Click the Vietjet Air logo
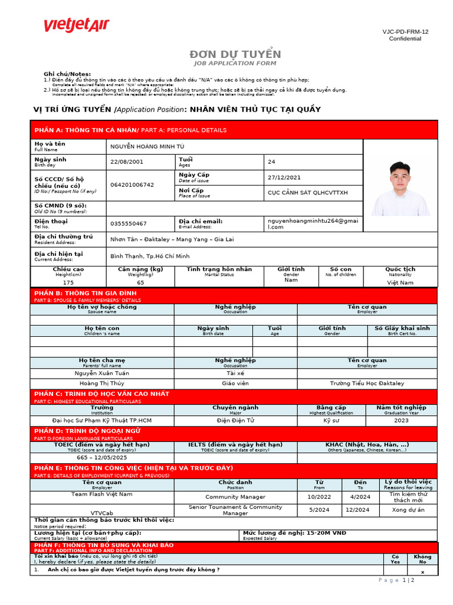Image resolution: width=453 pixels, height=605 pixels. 76,25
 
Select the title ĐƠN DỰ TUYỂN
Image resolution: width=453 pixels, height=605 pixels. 234,54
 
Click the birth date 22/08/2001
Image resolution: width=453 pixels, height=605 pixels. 126,162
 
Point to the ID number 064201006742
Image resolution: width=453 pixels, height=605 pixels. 132,185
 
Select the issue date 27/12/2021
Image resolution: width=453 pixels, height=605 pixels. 284,177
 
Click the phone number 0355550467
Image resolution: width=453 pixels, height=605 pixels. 129,224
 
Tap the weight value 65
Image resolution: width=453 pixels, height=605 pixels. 140,283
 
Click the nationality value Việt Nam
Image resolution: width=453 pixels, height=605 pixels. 401,283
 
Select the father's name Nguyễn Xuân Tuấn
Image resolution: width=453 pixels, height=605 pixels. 102,373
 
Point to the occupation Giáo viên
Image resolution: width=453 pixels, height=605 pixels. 235,383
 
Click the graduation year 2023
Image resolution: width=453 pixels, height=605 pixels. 401,421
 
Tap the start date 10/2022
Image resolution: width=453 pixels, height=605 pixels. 319,497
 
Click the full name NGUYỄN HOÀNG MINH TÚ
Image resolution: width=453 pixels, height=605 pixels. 147,147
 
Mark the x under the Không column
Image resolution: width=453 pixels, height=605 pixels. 422,573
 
